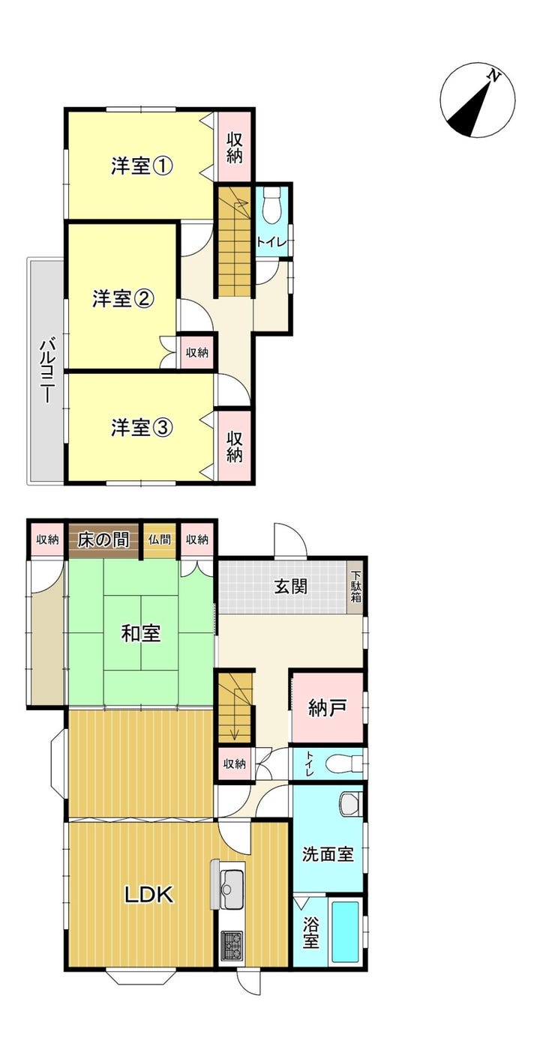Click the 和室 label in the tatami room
[x=141, y=633]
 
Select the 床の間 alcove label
[x=103, y=539]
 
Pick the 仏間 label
[x=159, y=539]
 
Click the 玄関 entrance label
[x=291, y=586]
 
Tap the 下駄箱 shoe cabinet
[x=356, y=587]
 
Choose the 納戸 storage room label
[x=327, y=707]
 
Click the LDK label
[x=149, y=894]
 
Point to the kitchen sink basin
[x=232, y=890]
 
